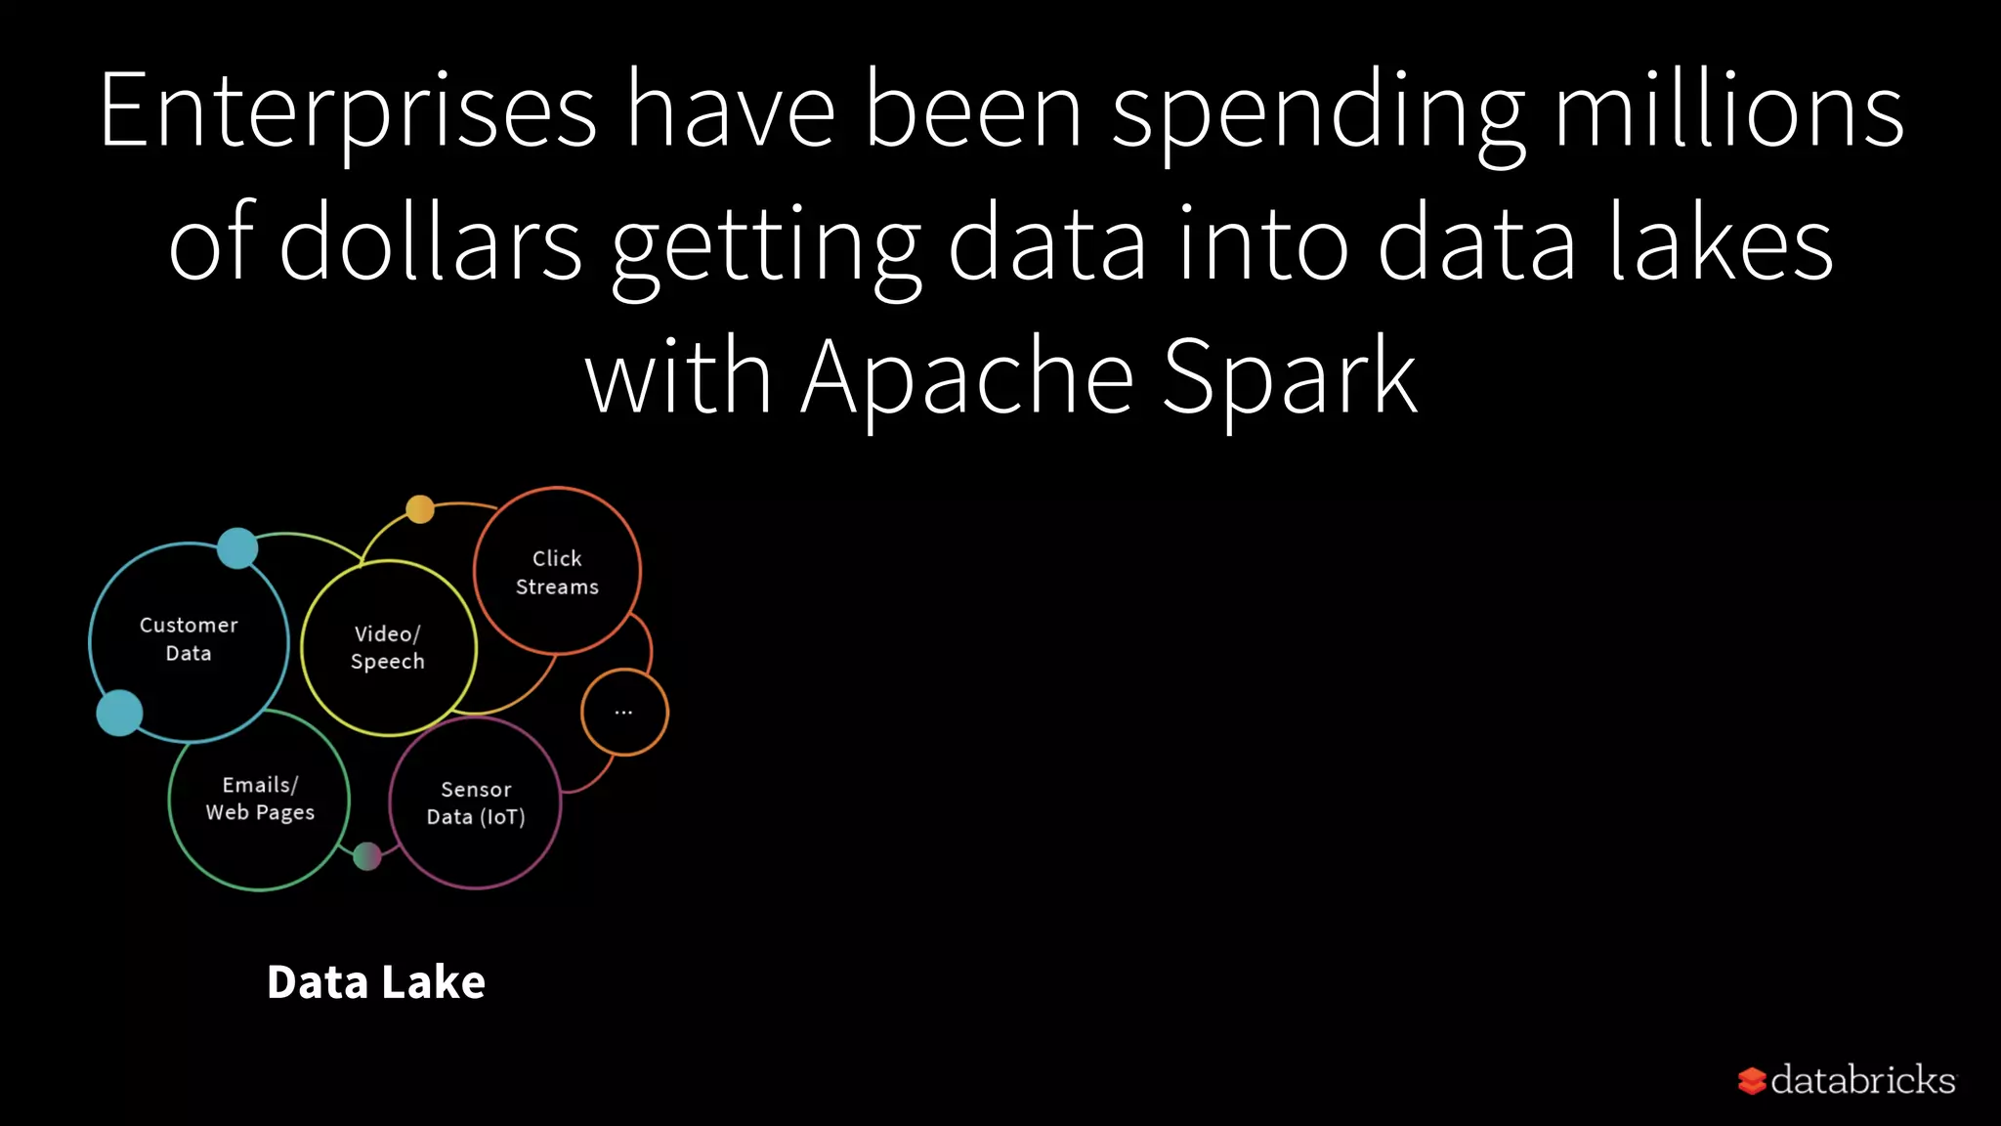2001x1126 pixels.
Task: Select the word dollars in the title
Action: point(431,243)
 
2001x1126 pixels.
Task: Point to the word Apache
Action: point(967,376)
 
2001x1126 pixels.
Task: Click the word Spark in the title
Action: point(1289,376)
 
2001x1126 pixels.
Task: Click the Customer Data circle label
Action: point(189,638)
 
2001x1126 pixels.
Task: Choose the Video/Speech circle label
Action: point(388,647)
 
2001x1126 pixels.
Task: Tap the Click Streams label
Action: point(557,572)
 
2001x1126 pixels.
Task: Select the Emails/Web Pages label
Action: point(260,798)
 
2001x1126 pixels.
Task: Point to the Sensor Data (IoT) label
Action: point(476,802)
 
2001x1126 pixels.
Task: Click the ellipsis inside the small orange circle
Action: point(623,713)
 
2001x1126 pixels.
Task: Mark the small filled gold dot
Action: point(420,509)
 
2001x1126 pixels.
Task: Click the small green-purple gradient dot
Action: point(367,856)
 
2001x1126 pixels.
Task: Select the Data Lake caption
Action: point(376,981)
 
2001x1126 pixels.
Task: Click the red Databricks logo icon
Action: point(1752,1081)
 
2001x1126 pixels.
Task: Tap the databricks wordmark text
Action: point(1862,1080)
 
